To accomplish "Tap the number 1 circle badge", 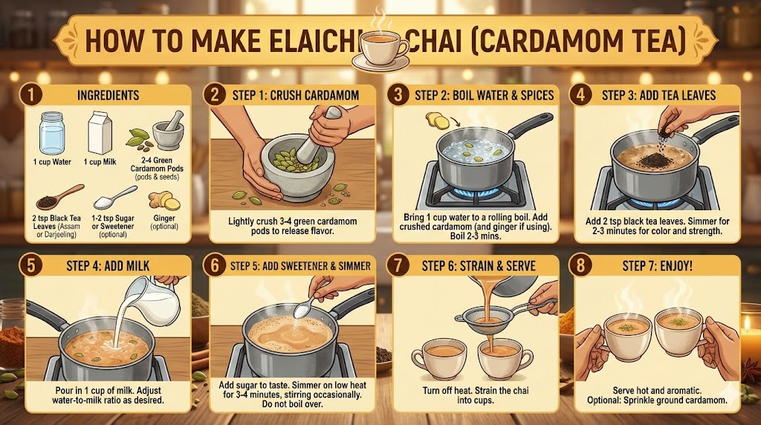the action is (30, 94).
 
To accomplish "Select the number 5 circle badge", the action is (30, 265).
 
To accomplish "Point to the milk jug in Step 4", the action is (155, 301).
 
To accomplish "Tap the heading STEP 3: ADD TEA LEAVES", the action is (658, 95).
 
